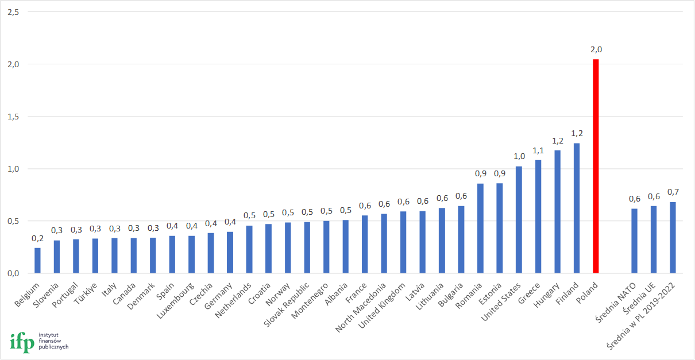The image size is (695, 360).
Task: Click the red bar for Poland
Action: point(596,167)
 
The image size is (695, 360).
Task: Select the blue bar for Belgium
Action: point(37,261)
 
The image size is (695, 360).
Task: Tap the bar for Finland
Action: point(577,208)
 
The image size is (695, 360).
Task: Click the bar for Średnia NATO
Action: point(634,241)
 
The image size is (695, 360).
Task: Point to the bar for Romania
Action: point(480,229)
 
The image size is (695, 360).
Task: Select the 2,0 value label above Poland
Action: point(596,50)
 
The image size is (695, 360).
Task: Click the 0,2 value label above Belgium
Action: point(37,238)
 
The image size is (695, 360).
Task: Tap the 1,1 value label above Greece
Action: point(538,150)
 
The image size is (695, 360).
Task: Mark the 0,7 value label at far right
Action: point(673,192)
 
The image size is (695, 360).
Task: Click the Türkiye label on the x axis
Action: point(88,293)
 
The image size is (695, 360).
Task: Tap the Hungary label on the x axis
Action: point(546,295)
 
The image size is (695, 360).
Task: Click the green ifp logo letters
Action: point(22,342)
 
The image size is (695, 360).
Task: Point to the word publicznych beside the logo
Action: point(53,347)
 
